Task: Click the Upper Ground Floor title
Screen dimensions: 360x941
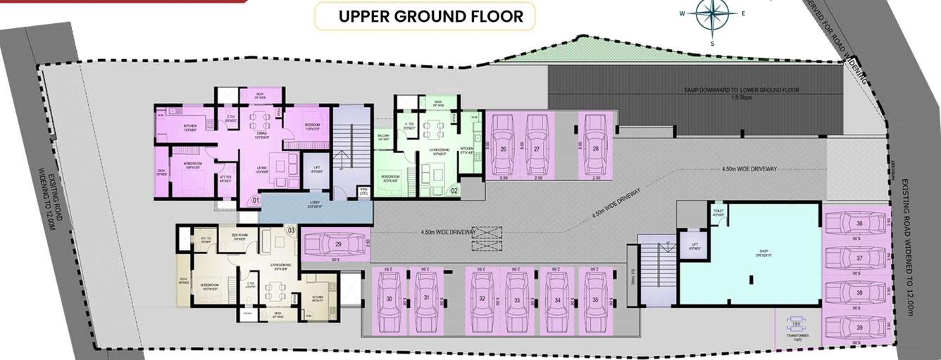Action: coord(431,17)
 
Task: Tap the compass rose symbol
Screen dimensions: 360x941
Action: coord(711,15)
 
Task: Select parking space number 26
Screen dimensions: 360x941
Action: coord(503,149)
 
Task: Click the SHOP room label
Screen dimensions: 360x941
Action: coord(761,250)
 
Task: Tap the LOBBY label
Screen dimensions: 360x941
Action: coord(314,202)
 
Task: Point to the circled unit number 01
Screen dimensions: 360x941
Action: coord(255,201)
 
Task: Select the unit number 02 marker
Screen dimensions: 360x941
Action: coord(454,190)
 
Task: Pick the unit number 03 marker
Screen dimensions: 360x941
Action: coord(291,230)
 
